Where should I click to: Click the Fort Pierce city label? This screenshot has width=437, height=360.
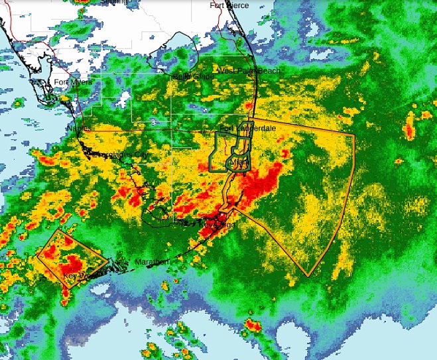(x=229, y=5)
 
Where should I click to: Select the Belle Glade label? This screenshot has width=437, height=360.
(x=193, y=77)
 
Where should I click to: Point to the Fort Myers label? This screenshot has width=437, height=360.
(x=70, y=82)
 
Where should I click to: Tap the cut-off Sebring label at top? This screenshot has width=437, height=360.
(x=116, y=2)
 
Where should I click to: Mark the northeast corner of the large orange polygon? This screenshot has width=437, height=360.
(x=355, y=135)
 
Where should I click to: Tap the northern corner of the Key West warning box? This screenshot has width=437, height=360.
(x=58, y=231)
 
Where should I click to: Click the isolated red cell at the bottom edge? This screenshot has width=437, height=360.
(x=253, y=325)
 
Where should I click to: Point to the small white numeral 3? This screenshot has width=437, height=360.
(x=153, y=123)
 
